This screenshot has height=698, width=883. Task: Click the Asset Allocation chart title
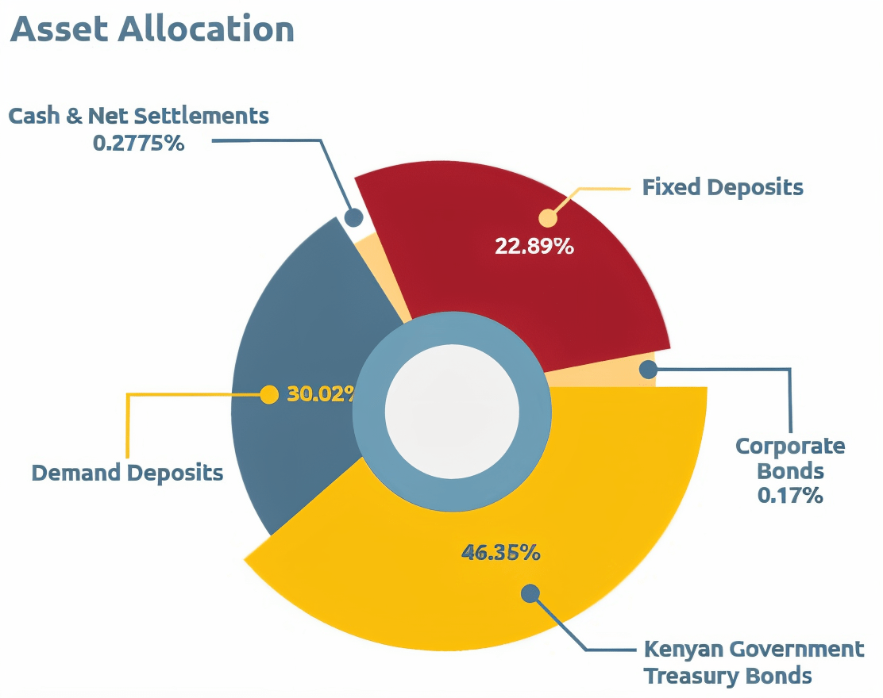(x=152, y=30)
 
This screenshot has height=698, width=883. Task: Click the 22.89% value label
(x=534, y=246)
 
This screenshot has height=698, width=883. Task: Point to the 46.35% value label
(x=500, y=553)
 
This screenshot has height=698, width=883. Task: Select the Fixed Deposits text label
(x=723, y=188)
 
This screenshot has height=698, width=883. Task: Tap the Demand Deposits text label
(x=127, y=474)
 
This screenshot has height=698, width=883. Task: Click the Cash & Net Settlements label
(x=139, y=116)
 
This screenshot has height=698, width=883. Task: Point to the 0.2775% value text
(x=139, y=144)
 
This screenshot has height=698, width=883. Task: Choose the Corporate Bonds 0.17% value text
(x=789, y=496)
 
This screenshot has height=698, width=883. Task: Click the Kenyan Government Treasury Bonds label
(x=753, y=662)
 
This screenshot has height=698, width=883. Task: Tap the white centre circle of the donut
(x=452, y=409)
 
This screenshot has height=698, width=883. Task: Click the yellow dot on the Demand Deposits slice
(x=270, y=394)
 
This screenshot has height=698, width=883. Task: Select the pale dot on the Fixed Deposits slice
(x=547, y=218)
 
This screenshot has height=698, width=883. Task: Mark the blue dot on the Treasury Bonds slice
(x=530, y=593)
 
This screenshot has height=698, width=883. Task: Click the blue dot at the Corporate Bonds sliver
(x=648, y=369)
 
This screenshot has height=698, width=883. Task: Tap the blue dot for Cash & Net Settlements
(x=354, y=217)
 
